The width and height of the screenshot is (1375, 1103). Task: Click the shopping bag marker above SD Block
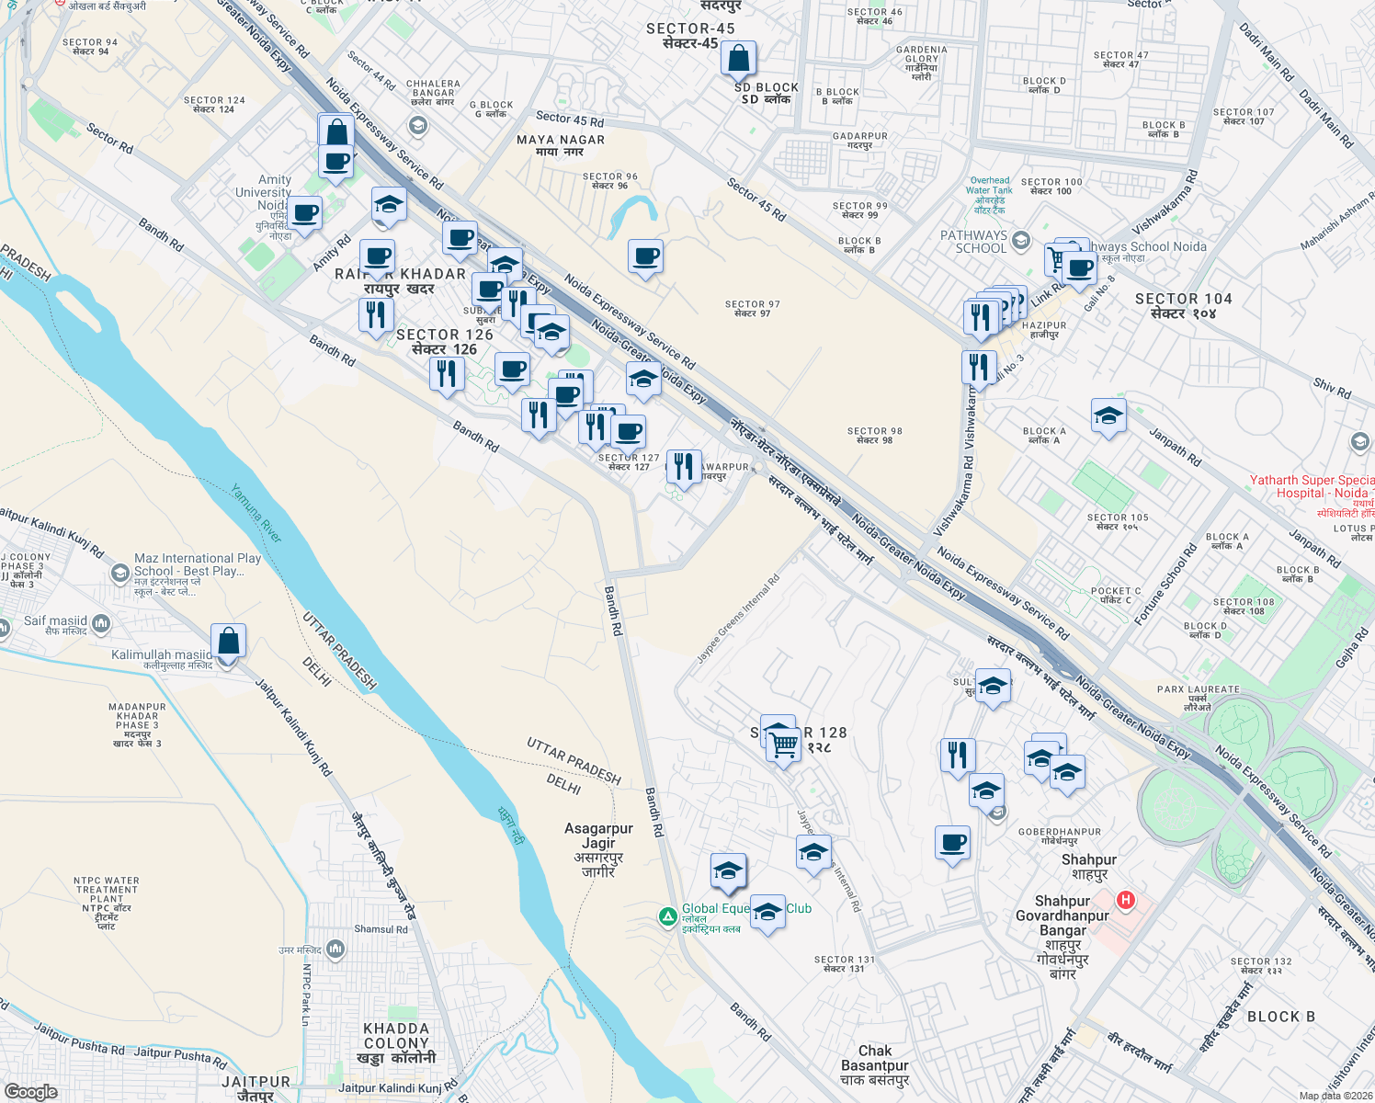point(739,59)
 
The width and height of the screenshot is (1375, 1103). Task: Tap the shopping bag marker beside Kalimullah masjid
point(229,642)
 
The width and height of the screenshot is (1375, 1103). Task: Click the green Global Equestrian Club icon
point(668,916)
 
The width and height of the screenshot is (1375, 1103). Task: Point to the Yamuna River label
point(256,513)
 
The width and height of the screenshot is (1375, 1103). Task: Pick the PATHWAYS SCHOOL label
point(973,242)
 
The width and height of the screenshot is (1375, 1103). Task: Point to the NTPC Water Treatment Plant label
point(107,903)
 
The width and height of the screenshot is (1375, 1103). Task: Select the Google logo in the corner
point(30,1091)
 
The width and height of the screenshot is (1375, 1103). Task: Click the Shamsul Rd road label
point(381,929)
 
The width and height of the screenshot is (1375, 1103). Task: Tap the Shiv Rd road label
point(1332,388)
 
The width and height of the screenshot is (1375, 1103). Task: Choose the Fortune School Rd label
point(1165,585)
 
